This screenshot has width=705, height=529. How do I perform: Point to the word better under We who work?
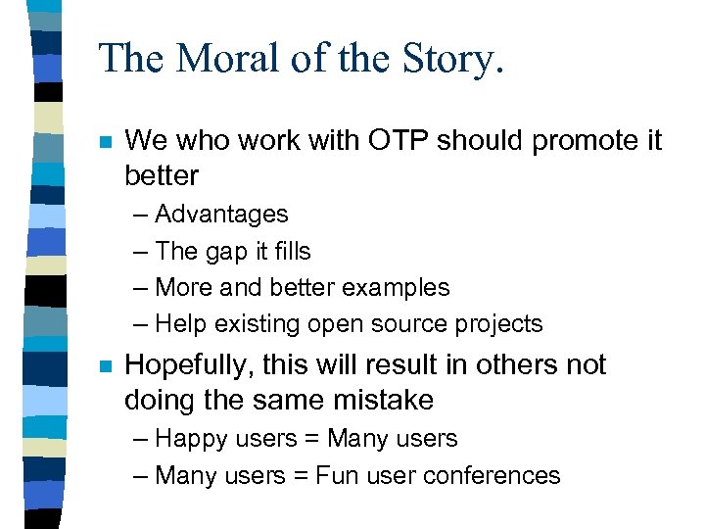(x=162, y=176)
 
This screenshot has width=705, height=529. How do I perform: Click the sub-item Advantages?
(x=221, y=214)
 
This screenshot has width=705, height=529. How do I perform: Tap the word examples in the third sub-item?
(x=398, y=288)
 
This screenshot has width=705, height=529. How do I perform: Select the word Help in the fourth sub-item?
(x=180, y=324)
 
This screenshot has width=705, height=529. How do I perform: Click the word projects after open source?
(x=494, y=324)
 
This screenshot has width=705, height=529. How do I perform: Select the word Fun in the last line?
(x=333, y=476)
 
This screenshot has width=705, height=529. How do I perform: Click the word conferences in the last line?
(x=488, y=476)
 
